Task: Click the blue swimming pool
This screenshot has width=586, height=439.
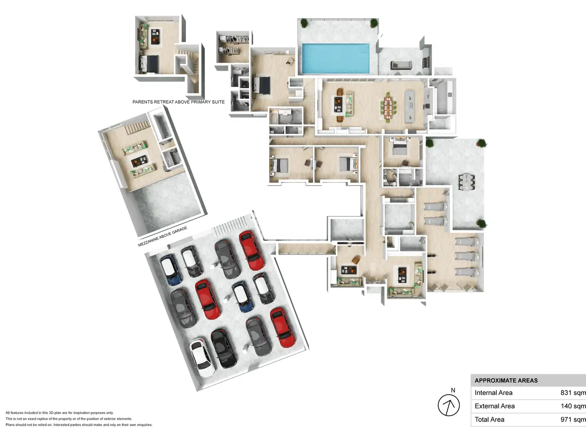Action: pos(336,59)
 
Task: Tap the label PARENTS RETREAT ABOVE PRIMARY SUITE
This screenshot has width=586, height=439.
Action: pos(179,102)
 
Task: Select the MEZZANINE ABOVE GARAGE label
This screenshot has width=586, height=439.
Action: pos(163,236)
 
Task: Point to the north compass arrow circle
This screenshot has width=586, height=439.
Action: pos(449,405)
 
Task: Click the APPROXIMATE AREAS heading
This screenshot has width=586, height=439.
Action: pos(506,380)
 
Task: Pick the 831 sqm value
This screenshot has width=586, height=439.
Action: pos(573,393)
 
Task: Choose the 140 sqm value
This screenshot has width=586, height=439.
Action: pos(573,406)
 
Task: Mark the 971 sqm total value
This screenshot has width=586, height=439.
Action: pos(573,419)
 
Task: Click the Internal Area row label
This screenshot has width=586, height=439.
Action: pos(494,393)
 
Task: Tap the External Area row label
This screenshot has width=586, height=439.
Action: pos(495,406)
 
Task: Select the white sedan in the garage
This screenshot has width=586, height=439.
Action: pos(202,358)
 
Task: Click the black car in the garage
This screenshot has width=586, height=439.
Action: pos(224,348)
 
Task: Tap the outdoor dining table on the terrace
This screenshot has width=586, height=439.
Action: pos(467,182)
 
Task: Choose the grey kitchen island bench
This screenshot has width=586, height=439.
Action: pos(410,107)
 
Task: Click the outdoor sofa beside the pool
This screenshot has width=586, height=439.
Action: pos(401,65)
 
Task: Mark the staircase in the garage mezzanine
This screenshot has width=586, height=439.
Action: pos(138,127)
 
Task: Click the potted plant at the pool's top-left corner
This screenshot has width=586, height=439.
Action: pos(304,23)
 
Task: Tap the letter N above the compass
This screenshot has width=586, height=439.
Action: pos(453,391)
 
